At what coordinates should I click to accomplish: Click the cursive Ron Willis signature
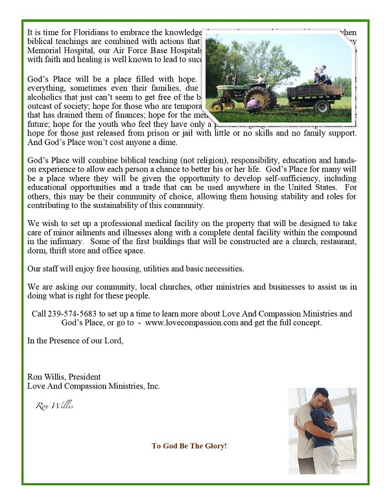[x=54, y=406]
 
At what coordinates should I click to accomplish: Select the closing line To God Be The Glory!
[x=189, y=446]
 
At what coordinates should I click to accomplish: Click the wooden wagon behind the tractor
[x=314, y=94]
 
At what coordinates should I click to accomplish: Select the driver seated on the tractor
[x=259, y=79]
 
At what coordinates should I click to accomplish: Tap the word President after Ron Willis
[x=84, y=376]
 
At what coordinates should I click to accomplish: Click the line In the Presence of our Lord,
[x=75, y=340]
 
